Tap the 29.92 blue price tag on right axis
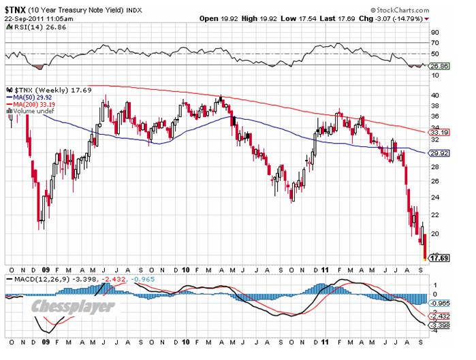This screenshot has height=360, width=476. point(437,154)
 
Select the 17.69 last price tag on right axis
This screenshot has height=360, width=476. point(437,259)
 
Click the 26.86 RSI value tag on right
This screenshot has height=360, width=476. point(437,67)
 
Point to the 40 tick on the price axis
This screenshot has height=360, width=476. point(434,95)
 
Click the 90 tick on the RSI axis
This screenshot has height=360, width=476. point(434,32)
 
